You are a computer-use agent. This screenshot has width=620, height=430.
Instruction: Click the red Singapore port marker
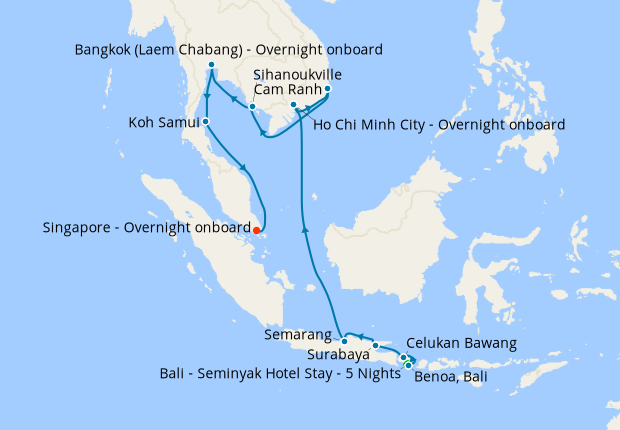(257, 229)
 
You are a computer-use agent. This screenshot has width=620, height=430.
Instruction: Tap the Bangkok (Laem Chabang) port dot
(211, 66)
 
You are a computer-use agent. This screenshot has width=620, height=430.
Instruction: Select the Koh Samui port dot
(205, 122)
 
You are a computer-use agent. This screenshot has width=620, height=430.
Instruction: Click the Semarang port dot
(344, 337)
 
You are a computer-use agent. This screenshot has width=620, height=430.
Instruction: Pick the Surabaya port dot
(376, 345)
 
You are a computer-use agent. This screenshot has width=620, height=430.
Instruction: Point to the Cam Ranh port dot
(328, 89)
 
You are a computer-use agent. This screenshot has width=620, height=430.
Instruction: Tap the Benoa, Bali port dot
(408, 365)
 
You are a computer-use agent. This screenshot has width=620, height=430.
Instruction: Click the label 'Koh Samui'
(163, 123)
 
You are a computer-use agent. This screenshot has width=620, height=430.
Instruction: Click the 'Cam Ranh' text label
(286, 89)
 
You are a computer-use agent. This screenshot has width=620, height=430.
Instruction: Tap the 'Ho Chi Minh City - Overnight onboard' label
(439, 125)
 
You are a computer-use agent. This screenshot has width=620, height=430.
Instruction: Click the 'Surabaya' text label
(336, 354)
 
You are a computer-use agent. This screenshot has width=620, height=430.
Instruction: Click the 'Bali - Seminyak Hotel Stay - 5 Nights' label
(279, 373)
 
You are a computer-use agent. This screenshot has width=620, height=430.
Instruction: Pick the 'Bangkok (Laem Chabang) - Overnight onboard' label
(229, 49)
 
